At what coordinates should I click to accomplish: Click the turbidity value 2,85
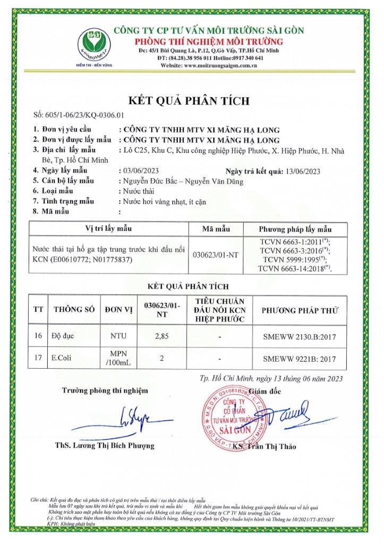point(161,337)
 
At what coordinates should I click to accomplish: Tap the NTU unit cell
point(118,337)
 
